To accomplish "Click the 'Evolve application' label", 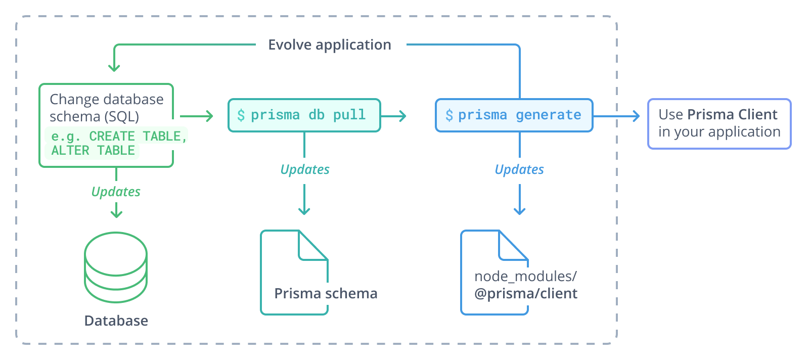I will (x=329, y=45).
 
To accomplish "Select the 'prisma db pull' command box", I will (x=304, y=115).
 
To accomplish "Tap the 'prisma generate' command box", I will (x=514, y=115).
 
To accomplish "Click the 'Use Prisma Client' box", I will (x=719, y=123).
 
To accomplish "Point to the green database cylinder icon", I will (x=116, y=267).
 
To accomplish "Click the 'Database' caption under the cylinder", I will (x=116, y=321).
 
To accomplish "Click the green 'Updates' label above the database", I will (x=116, y=192).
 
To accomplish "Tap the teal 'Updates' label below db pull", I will (x=304, y=169).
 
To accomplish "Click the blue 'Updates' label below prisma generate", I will (x=519, y=169).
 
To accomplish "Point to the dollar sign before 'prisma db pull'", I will (x=241, y=115).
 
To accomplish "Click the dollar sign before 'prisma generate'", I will (x=449, y=115).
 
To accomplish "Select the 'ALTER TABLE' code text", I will (x=93, y=151).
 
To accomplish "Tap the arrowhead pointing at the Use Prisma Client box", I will (x=636, y=116).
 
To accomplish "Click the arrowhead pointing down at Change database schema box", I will (x=114, y=68).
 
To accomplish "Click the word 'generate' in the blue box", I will (x=548, y=115).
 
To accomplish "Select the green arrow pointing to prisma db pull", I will (x=197, y=116).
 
